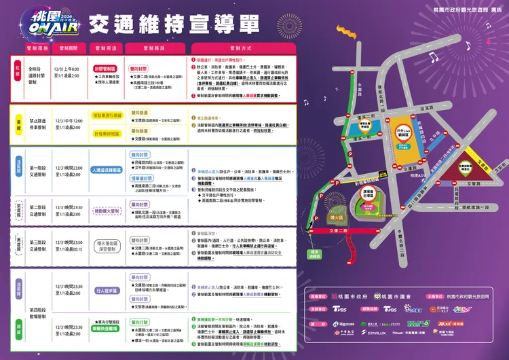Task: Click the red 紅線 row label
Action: [x=19, y=68]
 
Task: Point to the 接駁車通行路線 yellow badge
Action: [x=107, y=115]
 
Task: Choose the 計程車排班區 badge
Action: [x=107, y=134]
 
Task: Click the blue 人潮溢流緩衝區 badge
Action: [x=107, y=170]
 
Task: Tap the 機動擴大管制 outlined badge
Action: [x=107, y=211]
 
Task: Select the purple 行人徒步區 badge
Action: [x=107, y=290]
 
